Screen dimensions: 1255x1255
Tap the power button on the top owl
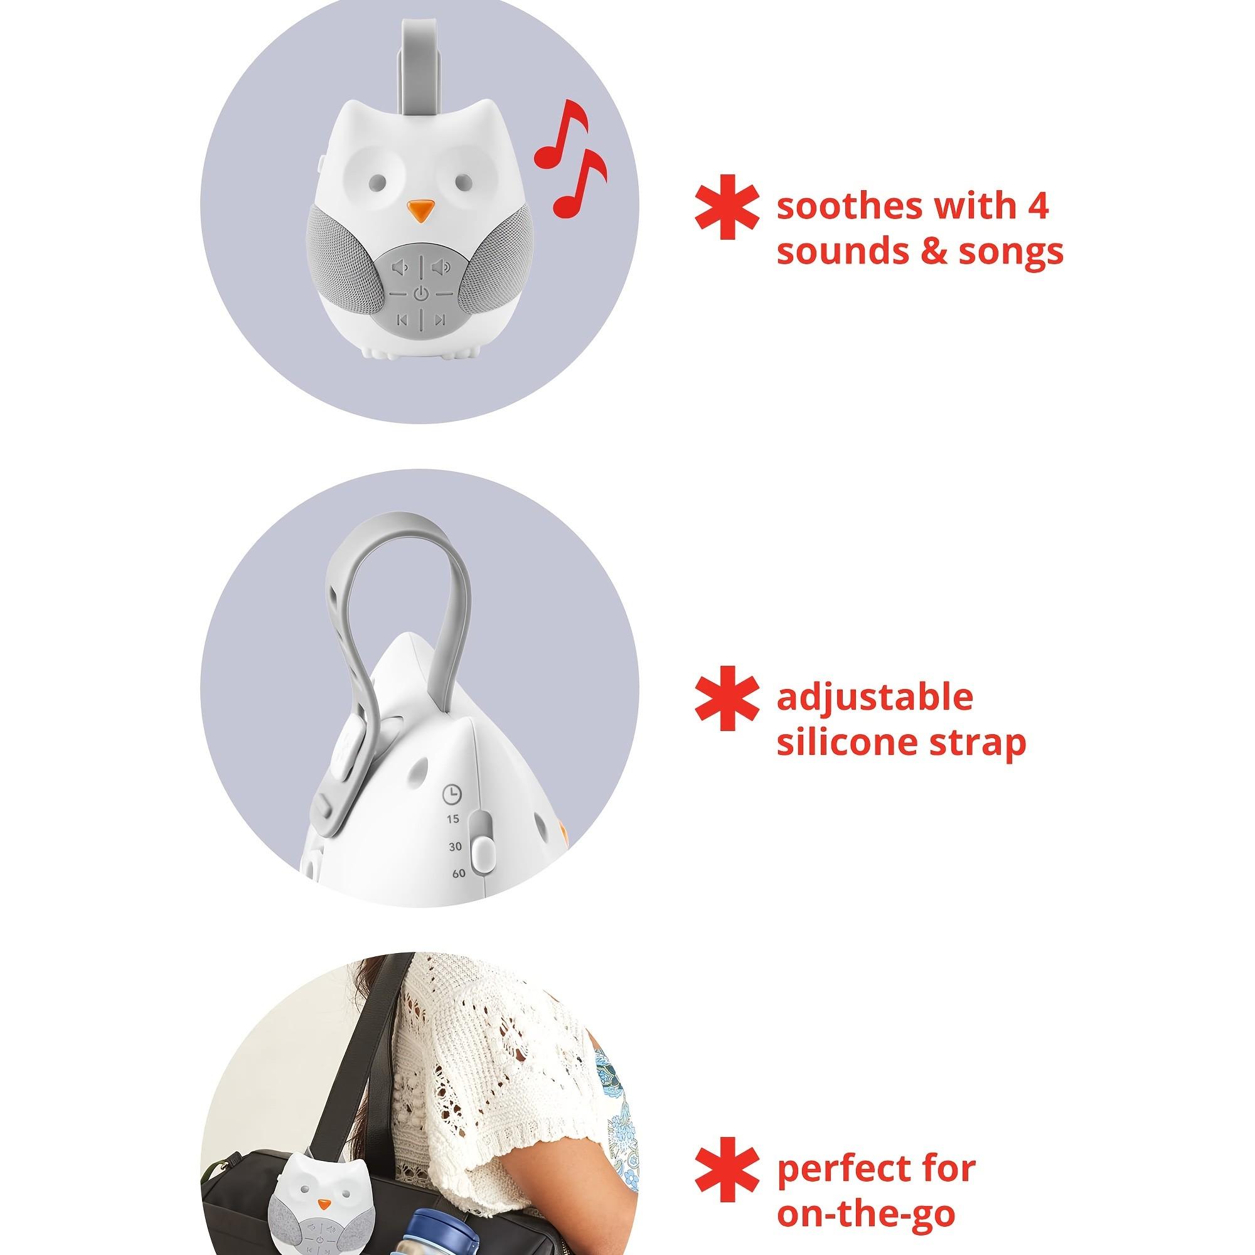tap(420, 293)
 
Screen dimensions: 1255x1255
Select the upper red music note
tap(562, 132)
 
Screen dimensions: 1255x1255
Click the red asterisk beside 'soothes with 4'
tap(726, 206)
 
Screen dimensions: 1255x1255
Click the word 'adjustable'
tap(874, 698)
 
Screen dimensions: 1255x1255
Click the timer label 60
tap(459, 873)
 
